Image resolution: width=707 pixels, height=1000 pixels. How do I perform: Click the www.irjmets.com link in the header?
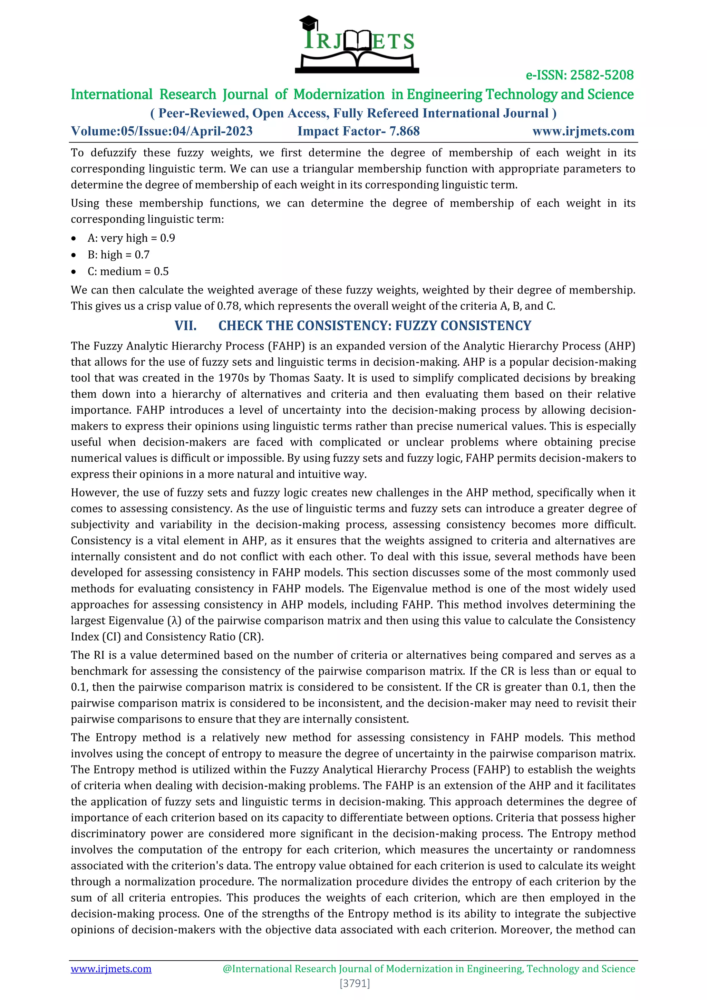click(583, 131)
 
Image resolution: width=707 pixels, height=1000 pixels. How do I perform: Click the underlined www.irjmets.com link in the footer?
click(111, 969)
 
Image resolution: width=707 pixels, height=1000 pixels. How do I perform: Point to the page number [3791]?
click(355, 983)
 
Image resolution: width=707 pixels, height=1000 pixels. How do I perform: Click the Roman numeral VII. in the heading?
click(185, 326)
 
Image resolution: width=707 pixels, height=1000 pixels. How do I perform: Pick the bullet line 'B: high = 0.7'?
click(118, 255)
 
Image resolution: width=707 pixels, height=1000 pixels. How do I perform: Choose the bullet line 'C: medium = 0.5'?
click(128, 271)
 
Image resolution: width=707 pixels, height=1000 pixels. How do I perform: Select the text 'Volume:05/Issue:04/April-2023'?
click(162, 131)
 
